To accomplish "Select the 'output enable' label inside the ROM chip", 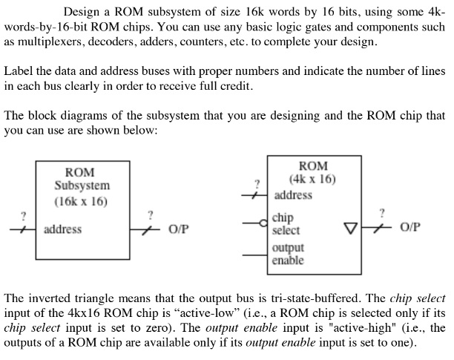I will (288, 254).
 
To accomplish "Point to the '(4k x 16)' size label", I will (312, 179).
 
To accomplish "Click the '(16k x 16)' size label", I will (81, 200).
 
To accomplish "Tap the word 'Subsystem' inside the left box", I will (82, 186).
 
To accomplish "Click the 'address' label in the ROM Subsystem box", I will (63, 229).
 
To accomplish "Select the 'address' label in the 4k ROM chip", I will (293, 195).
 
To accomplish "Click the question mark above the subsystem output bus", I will (151, 215).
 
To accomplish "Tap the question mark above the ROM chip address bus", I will (257, 183).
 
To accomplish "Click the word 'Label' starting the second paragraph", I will (19, 71).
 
